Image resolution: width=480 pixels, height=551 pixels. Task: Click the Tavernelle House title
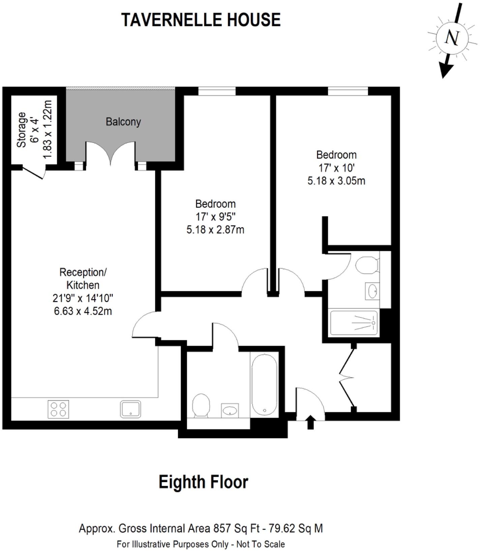point(201,20)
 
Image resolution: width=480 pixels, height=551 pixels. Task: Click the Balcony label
point(123,122)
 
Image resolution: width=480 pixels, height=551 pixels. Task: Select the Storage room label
point(22,129)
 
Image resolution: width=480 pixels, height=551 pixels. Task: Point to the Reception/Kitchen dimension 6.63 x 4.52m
point(83,311)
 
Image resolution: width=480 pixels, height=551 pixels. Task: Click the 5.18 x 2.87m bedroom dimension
point(215,230)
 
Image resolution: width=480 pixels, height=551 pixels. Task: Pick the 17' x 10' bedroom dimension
point(336,168)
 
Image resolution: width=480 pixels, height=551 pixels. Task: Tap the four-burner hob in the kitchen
point(58,409)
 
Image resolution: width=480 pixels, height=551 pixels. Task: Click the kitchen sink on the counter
point(130,409)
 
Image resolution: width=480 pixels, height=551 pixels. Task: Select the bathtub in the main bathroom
point(265,384)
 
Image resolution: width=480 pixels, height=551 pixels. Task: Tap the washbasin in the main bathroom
point(230,411)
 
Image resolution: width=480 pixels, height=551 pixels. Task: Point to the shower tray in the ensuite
point(354,323)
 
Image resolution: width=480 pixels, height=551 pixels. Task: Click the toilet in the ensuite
point(367,265)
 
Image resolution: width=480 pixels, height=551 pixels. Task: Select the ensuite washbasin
point(372,291)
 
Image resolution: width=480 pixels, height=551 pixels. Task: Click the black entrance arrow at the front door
point(310,422)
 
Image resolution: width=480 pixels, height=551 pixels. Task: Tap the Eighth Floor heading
point(203,482)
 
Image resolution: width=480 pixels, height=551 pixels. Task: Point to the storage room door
point(34,172)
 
